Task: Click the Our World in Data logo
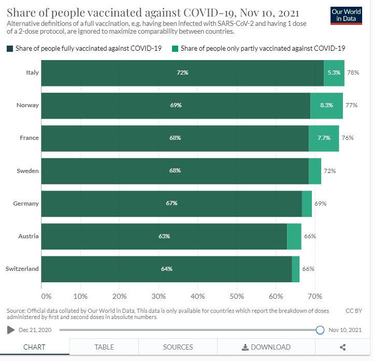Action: coord(346,16)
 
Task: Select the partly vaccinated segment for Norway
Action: coord(326,106)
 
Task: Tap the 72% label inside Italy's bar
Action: coord(182,73)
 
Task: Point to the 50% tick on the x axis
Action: coord(237,296)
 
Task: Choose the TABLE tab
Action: coord(104,347)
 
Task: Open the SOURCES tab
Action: coord(178,347)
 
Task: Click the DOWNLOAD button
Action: coord(266,347)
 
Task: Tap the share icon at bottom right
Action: coord(343,347)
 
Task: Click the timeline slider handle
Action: coord(320,329)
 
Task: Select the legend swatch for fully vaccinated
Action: coord(10,48)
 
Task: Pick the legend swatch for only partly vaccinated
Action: coord(176,48)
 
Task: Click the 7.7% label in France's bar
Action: coord(323,138)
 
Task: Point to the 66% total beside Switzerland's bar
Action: coord(308,269)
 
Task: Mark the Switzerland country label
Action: coord(22,269)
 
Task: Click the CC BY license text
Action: coord(354,311)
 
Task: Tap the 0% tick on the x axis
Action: coord(46,296)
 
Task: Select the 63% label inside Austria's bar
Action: coord(164,236)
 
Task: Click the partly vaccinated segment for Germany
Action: coord(307,204)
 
